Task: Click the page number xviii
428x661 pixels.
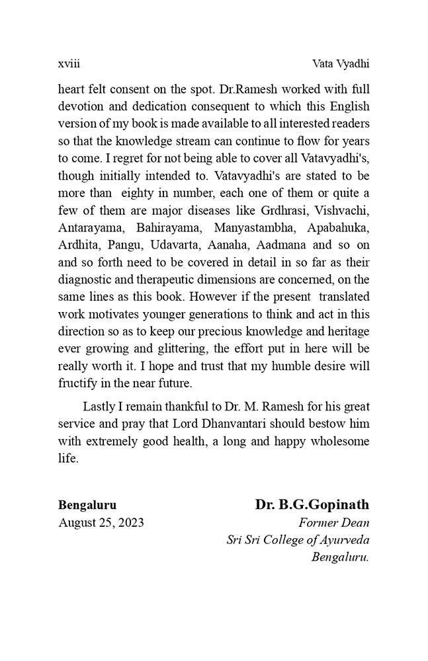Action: pyautogui.click(x=69, y=64)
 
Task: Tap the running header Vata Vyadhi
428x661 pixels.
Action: pyautogui.click(x=340, y=64)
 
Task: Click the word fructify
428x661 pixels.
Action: pyautogui.click(x=77, y=382)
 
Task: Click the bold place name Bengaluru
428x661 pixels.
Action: pyautogui.click(x=87, y=505)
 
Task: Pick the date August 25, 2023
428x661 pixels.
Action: pyautogui.click(x=101, y=523)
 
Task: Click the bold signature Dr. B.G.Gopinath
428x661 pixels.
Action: pyautogui.click(x=312, y=505)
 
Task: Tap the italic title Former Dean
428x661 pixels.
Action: pyautogui.click(x=334, y=523)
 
